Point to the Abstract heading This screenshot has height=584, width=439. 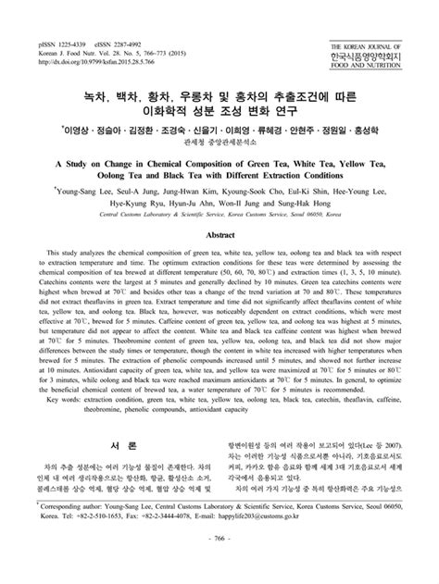tap(219, 235)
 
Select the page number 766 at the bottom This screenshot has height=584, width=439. tap(219, 563)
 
